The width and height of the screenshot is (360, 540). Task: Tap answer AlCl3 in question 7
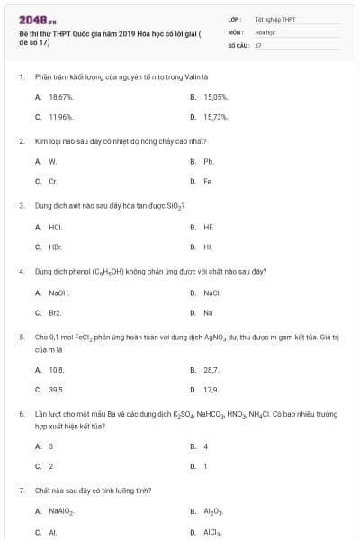click(x=212, y=532)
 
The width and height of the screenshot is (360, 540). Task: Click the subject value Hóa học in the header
click(x=265, y=31)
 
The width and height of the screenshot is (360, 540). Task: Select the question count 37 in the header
click(x=258, y=44)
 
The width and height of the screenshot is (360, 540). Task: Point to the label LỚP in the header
click(x=234, y=18)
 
